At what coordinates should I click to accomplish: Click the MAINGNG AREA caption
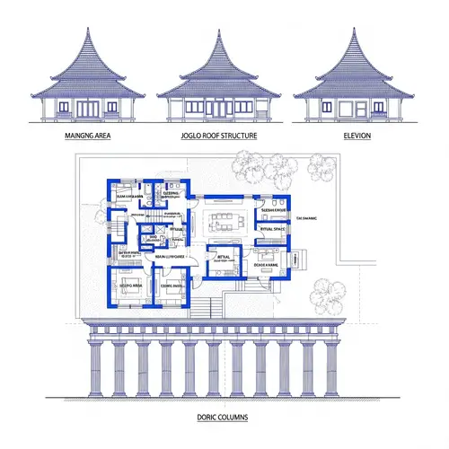tap(89, 136)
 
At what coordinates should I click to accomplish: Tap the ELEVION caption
tap(357, 136)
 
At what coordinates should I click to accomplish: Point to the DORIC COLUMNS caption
tap(224, 418)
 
